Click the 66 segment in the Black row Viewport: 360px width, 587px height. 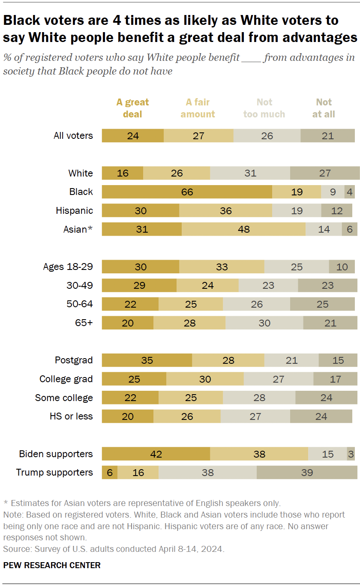coord(187,192)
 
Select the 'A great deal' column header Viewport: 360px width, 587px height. coord(132,108)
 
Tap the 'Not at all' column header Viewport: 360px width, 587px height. coord(324,108)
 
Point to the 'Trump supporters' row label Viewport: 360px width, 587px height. coord(54,472)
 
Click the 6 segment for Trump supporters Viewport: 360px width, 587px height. coord(109,472)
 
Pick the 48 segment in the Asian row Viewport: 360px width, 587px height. coord(243,229)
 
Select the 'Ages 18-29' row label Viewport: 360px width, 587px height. coord(68,267)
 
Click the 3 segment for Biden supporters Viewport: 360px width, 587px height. coord(351,454)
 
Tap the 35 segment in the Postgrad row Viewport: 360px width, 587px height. coord(147,360)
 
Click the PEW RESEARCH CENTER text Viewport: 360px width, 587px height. coord(52,565)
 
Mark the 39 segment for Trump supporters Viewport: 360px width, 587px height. coord(307,472)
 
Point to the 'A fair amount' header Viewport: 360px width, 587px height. coord(198,108)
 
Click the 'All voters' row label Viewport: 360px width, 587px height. coord(73,135)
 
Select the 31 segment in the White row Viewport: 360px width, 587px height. coord(250,173)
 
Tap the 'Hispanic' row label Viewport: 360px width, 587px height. coord(74,210)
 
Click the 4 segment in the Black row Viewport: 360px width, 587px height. coord(350,192)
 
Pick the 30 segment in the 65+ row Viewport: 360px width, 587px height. coord(264,323)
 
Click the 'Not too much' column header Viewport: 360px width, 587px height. coord(264,108)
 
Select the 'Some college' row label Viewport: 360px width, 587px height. coord(64,398)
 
